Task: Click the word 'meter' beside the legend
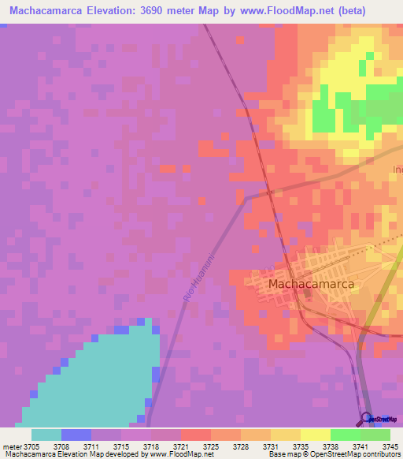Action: [x=11, y=446]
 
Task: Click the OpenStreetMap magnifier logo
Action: [x=367, y=419]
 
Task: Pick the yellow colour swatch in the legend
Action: [x=315, y=435]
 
